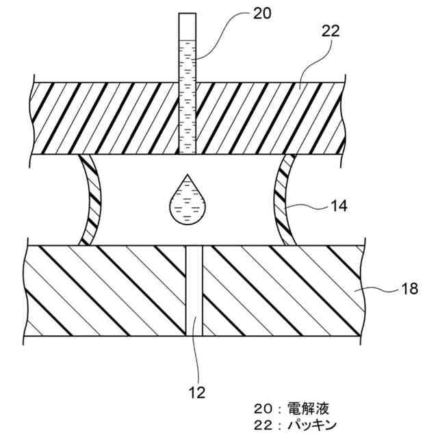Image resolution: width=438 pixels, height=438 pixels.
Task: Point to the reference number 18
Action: tap(409, 291)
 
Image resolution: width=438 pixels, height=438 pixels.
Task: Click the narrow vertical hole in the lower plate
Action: tap(195, 290)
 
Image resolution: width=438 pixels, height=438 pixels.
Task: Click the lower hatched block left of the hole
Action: tap(106, 290)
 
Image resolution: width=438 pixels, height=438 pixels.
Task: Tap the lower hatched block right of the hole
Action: tap(281, 290)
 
